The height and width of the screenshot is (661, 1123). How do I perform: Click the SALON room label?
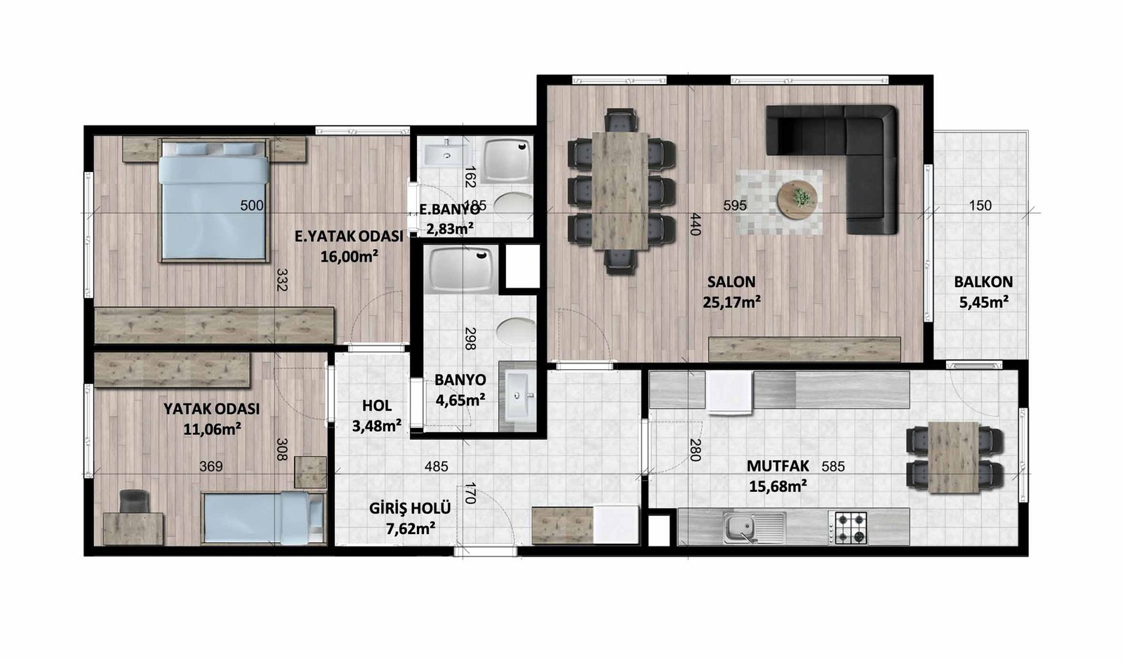pyautogui.click(x=731, y=282)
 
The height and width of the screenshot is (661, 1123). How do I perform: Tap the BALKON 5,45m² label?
pyautogui.click(x=983, y=292)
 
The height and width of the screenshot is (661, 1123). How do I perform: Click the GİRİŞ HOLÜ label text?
pyautogui.click(x=410, y=509)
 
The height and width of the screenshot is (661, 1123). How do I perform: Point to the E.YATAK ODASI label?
pyautogui.click(x=349, y=236)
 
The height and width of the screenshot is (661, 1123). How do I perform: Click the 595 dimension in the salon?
pyautogui.click(x=735, y=206)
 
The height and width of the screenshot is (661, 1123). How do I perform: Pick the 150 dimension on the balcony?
pyautogui.click(x=980, y=206)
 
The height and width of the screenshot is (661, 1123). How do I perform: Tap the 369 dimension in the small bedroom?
pyautogui.click(x=211, y=467)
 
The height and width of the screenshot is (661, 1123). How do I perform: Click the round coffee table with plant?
pyautogui.click(x=797, y=199)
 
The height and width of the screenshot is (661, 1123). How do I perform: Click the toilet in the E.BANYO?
pyautogui.click(x=513, y=205)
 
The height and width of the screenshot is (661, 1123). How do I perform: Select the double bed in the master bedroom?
pyautogui.click(x=213, y=201)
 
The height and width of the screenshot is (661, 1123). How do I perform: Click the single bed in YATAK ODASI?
pyautogui.click(x=263, y=518)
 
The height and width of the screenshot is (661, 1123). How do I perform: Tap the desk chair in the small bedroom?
pyautogui.click(x=134, y=501)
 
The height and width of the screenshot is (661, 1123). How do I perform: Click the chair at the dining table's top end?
pyautogui.click(x=621, y=121)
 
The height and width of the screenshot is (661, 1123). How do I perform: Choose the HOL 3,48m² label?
pyautogui.click(x=376, y=416)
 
